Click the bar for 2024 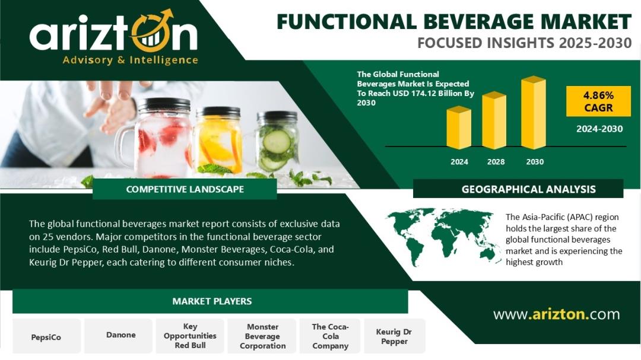pos(459,128)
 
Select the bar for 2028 pos(494,120)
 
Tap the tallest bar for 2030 pos(534,113)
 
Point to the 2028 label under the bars pos(496,162)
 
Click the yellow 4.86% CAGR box pos(598,101)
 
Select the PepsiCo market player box pos(46,336)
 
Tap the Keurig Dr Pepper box pos(394,336)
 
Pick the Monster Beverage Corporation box pos(262,336)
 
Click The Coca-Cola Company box pos(330,336)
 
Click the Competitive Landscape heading pos(185,189)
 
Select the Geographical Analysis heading pos(529,189)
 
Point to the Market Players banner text pos(212,301)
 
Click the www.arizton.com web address pos(556,314)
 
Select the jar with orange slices pos(217,140)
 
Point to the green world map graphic pos(443,236)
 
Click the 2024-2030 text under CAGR pos(599,129)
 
